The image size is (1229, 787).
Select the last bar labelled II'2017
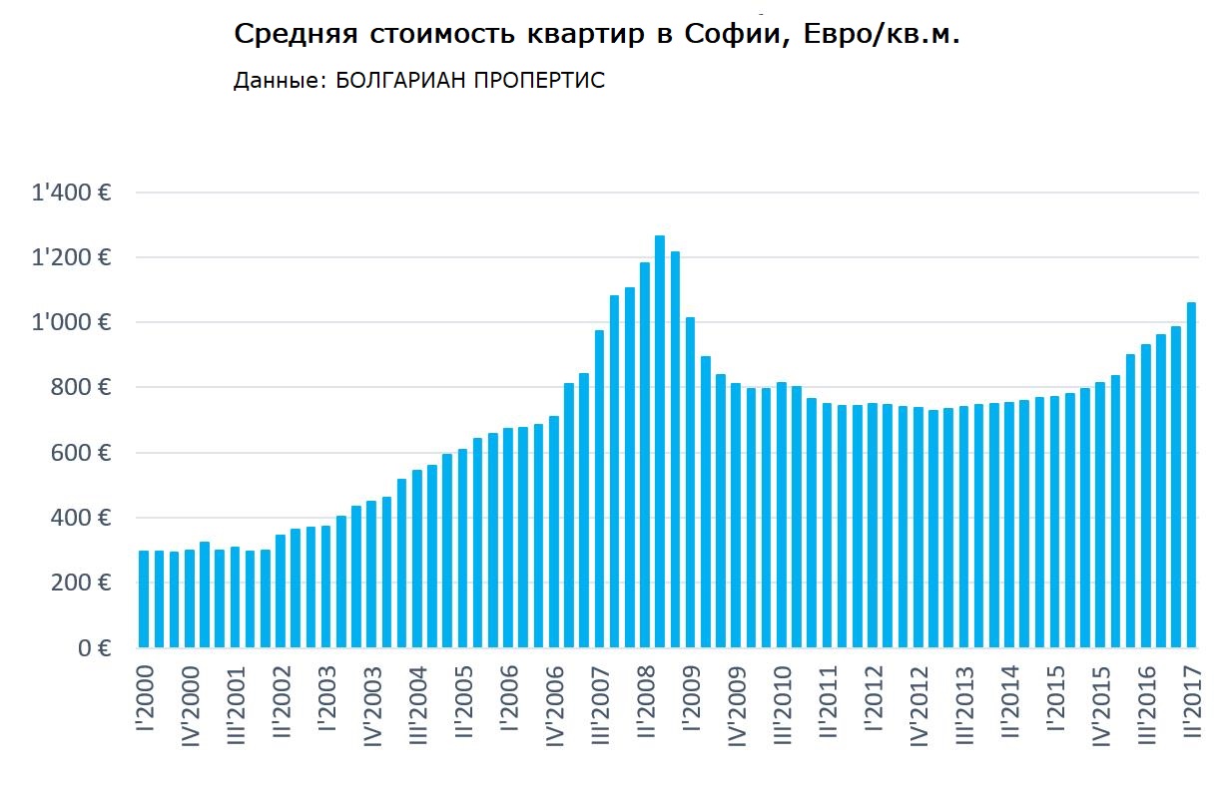click(1191, 475)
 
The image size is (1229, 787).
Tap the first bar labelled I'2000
click(144, 598)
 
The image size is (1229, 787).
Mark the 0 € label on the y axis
click(91, 648)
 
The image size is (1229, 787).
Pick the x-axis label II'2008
click(646, 705)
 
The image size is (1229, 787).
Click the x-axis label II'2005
click(463, 705)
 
